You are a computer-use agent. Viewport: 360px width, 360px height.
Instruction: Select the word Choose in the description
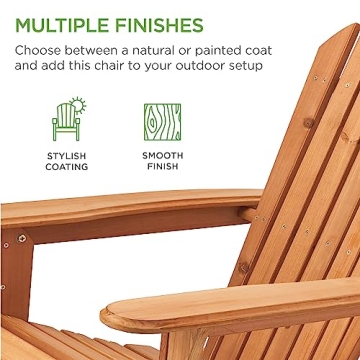click(39, 49)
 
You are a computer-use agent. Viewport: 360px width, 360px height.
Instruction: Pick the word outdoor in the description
click(210, 66)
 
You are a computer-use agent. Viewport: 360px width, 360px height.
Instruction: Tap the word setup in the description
click(263, 66)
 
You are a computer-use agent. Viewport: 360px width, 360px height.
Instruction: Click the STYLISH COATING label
click(67, 161)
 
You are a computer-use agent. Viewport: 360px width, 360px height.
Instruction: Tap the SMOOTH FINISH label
click(162, 161)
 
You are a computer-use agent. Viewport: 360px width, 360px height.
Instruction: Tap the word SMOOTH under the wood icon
click(162, 156)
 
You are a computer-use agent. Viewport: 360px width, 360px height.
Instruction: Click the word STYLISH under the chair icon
click(67, 156)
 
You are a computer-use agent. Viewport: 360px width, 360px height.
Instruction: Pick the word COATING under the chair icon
click(67, 167)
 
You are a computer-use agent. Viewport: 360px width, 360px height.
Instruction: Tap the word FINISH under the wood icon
click(162, 167)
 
